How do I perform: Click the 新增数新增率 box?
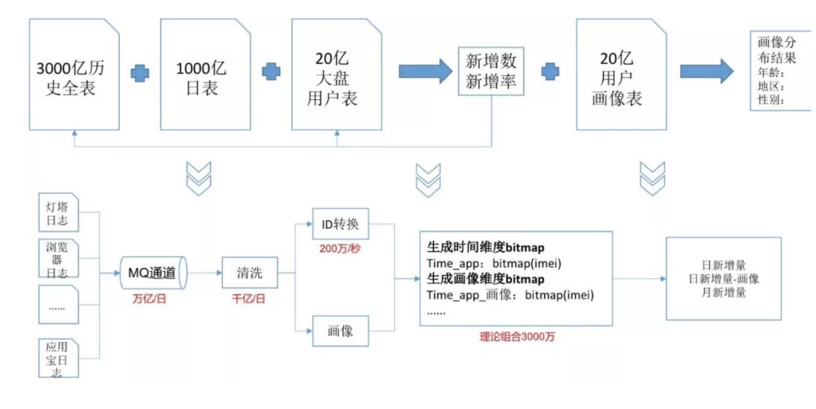(491, 71)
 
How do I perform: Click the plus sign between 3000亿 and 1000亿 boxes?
(140, 73)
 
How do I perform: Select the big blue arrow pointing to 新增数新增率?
(425, 71)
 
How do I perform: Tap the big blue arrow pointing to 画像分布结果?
(707, 71)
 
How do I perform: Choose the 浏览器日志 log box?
(58, 259)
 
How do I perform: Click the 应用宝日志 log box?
(58, 358)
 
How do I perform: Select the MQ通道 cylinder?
(153, 273)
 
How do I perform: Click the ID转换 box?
(341, 225)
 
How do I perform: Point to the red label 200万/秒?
(340, 248)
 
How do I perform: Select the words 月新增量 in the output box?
(723, 292)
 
